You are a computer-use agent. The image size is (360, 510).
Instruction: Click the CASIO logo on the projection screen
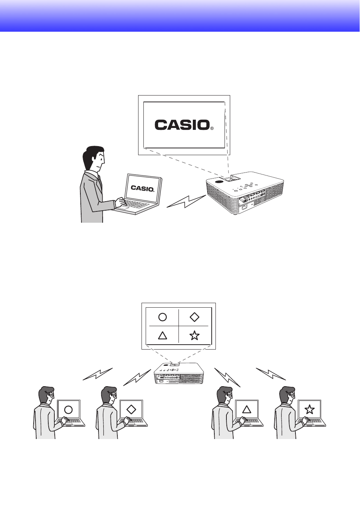point(182,125)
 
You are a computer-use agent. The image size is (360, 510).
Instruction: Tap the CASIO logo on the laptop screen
point(142,188)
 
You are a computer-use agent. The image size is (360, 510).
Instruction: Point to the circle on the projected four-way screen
point(162,317)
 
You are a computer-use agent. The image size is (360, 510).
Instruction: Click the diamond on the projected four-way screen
point(194,317)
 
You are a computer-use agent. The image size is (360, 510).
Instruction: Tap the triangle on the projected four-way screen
point(162,335)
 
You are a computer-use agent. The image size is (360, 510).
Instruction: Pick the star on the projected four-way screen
point(194,335)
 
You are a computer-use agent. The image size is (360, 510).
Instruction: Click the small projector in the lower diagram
point(178,374)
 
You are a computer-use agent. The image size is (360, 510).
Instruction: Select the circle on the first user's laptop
point(68,410)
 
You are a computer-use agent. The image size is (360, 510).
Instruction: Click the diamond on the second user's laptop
point(131,409)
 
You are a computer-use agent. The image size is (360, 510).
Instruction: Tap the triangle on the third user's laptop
point(247,409)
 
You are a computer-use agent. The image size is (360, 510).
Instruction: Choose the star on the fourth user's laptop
point(309,409)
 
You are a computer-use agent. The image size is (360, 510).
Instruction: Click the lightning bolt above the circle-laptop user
point(98,374)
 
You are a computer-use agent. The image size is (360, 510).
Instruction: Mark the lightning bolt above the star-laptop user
point(271,374)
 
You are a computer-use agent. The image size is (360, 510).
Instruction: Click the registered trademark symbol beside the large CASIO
point(212,128)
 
